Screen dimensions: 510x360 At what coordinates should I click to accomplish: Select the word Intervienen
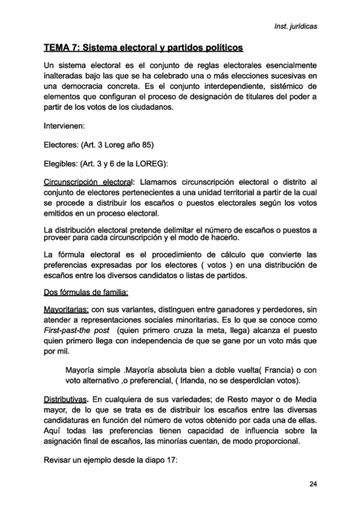point(67,127)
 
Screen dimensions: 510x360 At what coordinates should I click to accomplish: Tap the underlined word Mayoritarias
point(68,310)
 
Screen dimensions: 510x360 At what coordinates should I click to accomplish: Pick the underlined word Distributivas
point(67,399)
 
